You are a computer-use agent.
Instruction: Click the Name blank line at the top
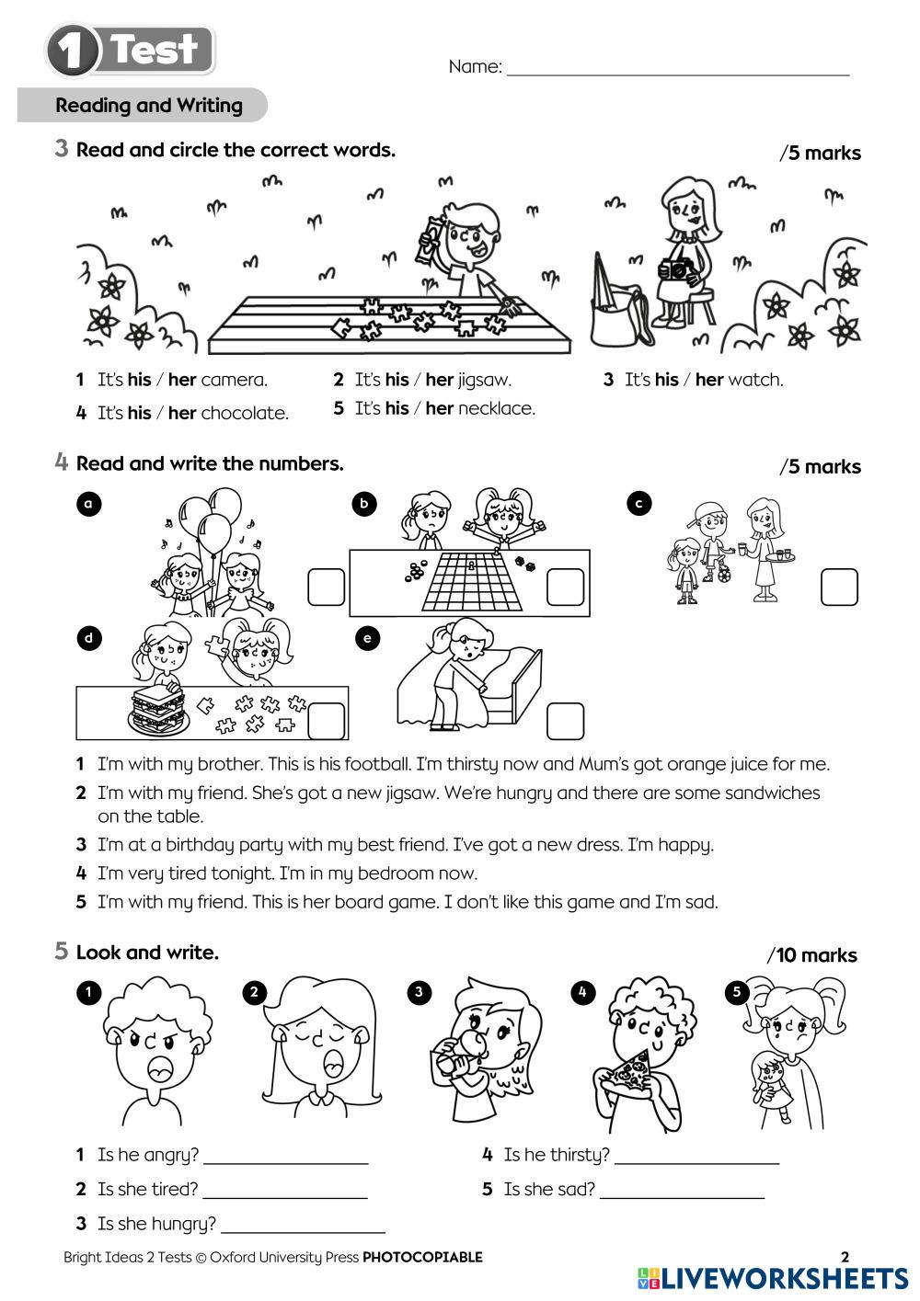[x=677, y=72]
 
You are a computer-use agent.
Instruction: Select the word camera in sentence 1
[x=234, y=380]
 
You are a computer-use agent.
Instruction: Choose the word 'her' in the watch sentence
[x=708, y=380]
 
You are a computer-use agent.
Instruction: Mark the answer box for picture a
[x=326, y=588]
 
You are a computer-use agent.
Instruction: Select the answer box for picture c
[x=838, y=587]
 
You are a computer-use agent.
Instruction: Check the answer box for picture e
[x=565, y=721]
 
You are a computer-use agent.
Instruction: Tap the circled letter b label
[x=364, y=503]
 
